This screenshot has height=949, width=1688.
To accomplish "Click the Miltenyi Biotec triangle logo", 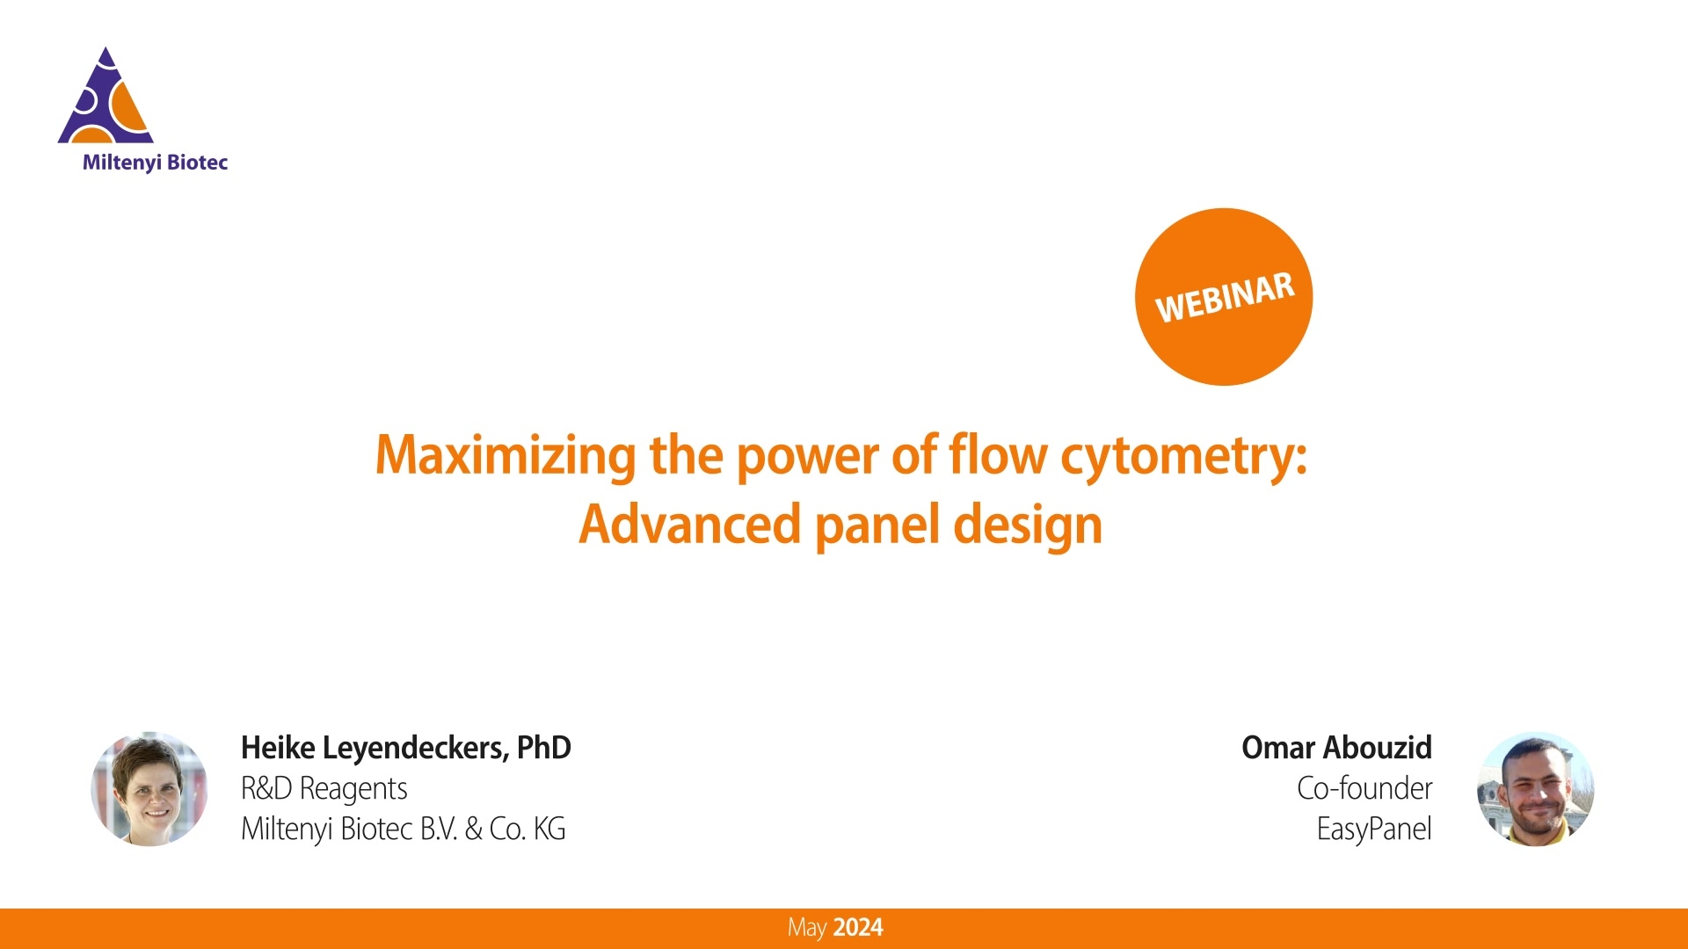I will point(105,98).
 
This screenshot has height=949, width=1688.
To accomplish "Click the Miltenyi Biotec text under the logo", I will point(155,163).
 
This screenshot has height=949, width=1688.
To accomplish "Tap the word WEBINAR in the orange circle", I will point(1224,297).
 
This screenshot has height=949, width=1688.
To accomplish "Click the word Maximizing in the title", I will point(505,455).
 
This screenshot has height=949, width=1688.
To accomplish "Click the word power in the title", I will point(807,455).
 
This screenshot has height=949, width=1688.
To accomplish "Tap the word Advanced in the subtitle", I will point(689,525).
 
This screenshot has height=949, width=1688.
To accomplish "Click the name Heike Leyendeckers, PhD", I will point(405,748).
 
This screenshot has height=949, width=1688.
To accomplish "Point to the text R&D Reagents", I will point(324,788).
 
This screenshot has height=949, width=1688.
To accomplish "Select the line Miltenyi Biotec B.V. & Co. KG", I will point(403,829).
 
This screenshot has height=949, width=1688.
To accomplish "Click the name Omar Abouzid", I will point(1336,748).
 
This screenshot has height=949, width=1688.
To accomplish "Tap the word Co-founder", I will point(1364,788).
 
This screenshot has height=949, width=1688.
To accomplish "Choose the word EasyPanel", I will point(1373,829).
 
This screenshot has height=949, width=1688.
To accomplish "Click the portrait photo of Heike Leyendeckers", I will point(149,788).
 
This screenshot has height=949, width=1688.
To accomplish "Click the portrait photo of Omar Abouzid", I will point(1535,788).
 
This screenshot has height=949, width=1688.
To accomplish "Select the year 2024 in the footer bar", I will point(857,928).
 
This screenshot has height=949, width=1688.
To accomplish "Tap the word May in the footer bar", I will point(806,928).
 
